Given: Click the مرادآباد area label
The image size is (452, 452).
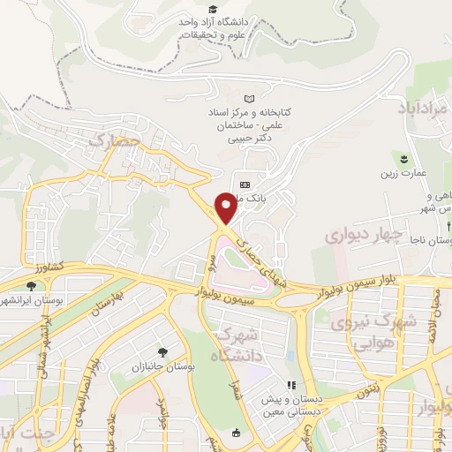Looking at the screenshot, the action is [425, 108].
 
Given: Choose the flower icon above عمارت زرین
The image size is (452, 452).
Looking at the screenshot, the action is [403, 157].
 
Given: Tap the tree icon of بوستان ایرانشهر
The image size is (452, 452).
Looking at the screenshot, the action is [32, 285].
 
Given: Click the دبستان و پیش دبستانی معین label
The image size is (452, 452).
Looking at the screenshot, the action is [291, 403].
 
